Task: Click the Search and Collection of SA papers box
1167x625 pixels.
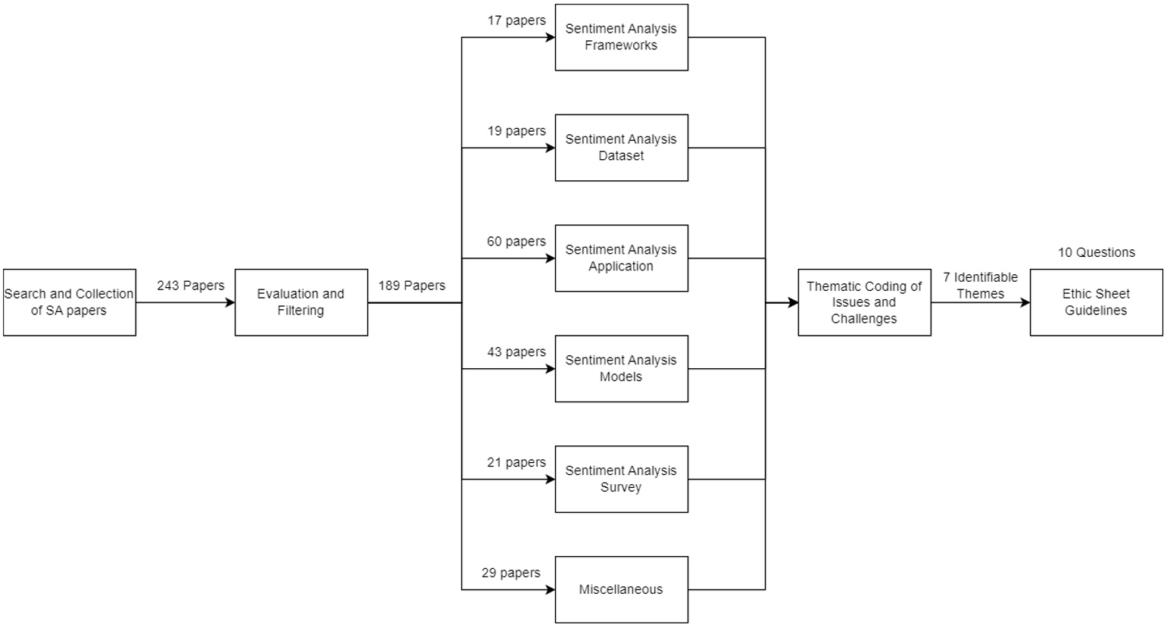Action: pos(70,302)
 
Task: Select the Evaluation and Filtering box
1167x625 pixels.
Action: pos(301,302)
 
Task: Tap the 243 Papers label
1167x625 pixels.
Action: pos(191,286)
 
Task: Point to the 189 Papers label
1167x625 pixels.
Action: pos(412,286)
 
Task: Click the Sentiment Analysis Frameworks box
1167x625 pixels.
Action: pos(621,37)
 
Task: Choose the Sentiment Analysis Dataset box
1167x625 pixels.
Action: pos(621,148)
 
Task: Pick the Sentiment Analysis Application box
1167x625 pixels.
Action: pos(621,258)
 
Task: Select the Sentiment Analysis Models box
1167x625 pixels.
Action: pos(621,369)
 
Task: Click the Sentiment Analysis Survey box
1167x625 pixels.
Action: pos(621,479)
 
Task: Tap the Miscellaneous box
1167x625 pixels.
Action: pos(621,589)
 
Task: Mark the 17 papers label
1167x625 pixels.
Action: pos(516,20)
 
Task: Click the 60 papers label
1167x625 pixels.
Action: pos(516,242)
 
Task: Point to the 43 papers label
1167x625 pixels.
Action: pos(516,352)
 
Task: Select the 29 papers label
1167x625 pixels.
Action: pos(511,573)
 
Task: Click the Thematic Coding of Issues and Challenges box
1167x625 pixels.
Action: pos(864,302)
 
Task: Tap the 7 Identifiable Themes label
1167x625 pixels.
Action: pos(980,286)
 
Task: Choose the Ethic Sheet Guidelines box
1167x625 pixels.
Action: pos(1096,302)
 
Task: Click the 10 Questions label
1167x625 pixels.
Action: pos(1096,252)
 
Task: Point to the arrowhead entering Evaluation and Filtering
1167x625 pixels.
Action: pos(230,302)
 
